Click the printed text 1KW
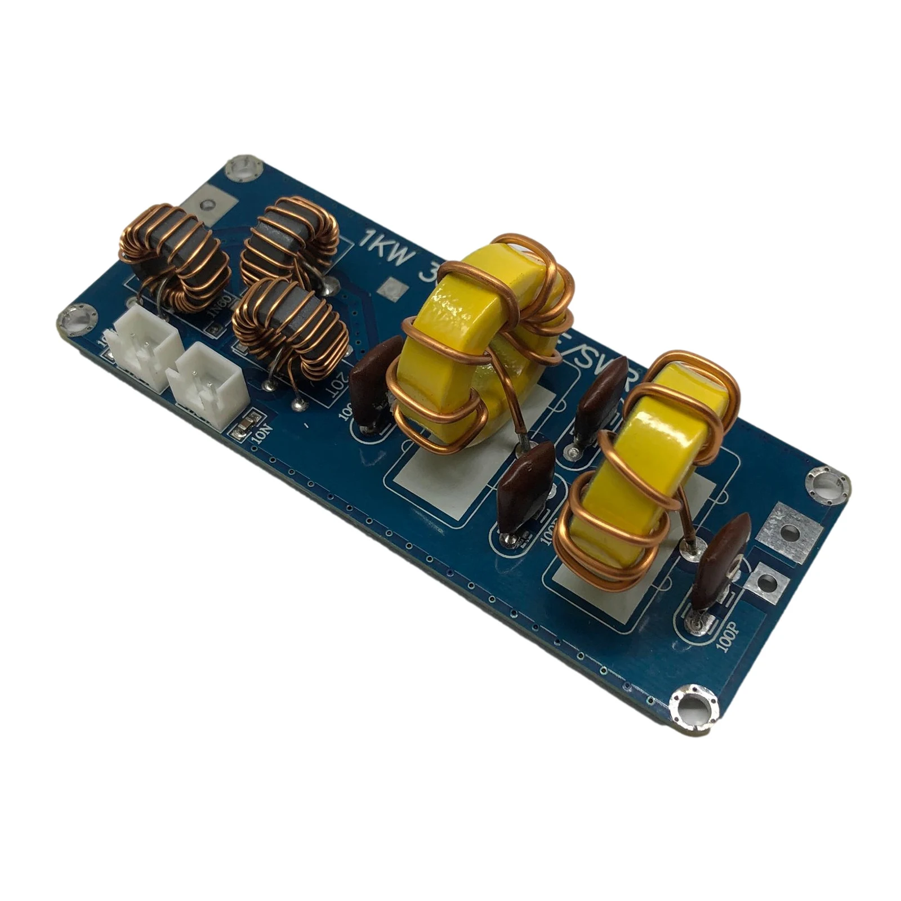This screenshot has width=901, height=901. tap(389, 252)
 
